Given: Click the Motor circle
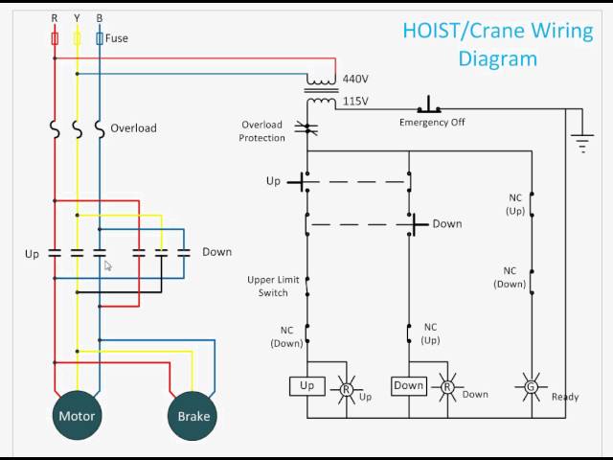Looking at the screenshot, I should [77, 416].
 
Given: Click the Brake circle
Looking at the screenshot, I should [193, 416].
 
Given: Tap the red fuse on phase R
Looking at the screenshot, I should [54, 38].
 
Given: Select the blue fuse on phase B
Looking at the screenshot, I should [100, 38].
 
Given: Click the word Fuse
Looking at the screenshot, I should [117, 38].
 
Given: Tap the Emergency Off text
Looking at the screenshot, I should [432, 123].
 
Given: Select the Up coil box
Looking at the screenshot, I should [306, 386].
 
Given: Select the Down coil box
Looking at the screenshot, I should [408, 386].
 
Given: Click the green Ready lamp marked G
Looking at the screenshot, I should [530, 386].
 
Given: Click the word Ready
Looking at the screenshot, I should [565, 397].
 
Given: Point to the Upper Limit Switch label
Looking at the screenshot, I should [273, 286].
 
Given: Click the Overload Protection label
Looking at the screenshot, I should [262, 131].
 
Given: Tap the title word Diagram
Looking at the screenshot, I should [497, 58].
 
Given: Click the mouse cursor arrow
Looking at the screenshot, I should [108, 265].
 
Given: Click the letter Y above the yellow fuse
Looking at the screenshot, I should [77, 18].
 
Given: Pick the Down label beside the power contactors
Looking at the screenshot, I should [216, 252].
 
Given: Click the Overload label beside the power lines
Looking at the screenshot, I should [133, 127].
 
